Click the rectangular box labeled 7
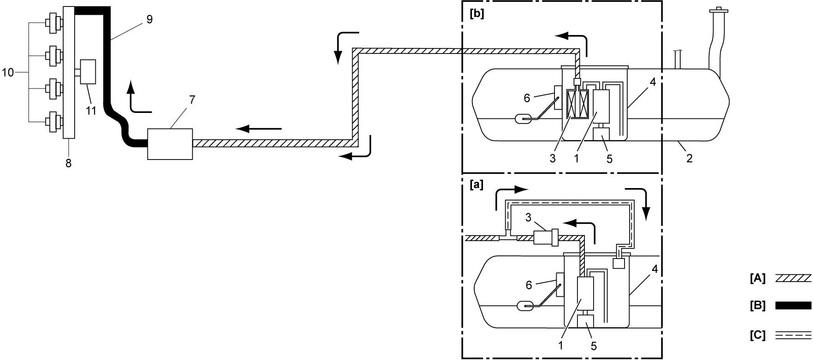170,144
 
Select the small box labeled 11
88,71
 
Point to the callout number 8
69,163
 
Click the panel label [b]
476,14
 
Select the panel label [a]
476,185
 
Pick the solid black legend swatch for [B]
793,305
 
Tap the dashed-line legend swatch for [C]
793,335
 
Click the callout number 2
689,159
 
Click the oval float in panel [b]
523,119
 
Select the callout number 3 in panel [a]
529,217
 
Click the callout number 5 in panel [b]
609,159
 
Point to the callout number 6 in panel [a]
529,285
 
